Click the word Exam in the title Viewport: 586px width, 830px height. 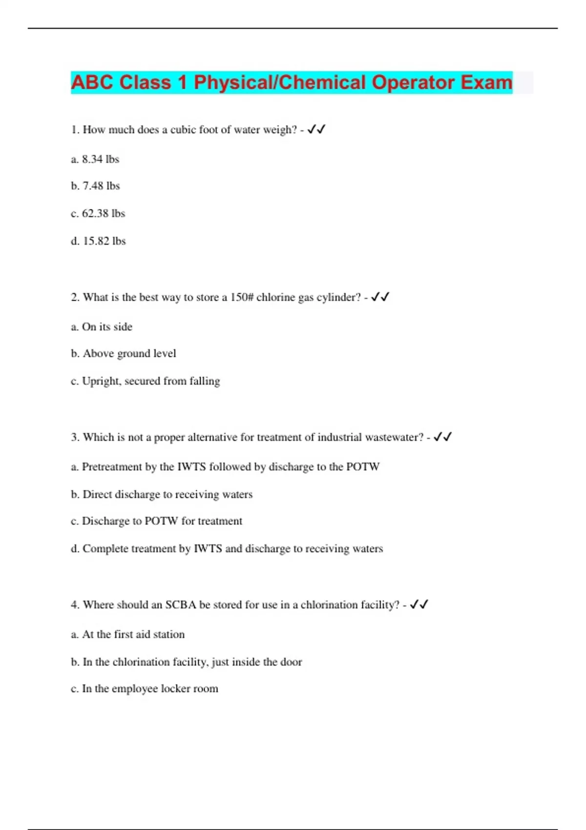pos(486,83)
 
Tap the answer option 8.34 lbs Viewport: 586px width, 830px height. pos(95,159)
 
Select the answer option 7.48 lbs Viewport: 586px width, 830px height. pos(96,186)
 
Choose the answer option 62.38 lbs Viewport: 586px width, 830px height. pos(98,213)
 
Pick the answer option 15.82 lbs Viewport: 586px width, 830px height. pos(99,241)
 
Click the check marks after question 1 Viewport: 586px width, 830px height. pos(316,129)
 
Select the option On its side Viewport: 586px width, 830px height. pos(102,327)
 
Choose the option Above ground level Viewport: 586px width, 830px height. pos(124,353)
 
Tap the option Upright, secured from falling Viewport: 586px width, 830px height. pos(146,381)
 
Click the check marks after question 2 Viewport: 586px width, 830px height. pos(380,297)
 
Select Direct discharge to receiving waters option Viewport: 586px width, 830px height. pos(162,494)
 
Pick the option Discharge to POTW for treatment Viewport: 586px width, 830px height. pos(156,521)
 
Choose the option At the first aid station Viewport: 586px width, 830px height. pos(128,634)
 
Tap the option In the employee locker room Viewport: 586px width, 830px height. pos(145,688)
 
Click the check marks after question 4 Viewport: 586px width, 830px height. pos(419,604)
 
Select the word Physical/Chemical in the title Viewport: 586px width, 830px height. pos(279,83)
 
